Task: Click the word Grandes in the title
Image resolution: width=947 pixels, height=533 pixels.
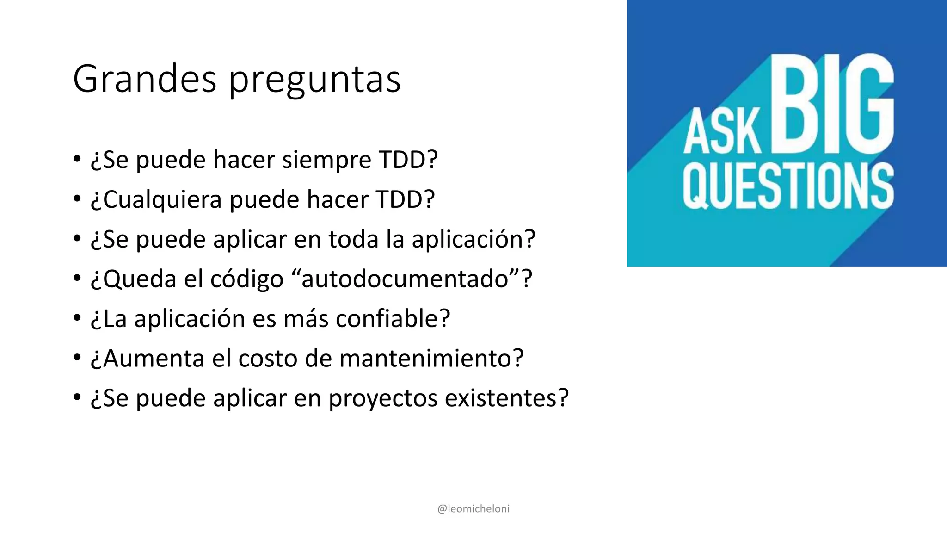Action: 144,79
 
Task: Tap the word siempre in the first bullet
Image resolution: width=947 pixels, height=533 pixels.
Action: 327,160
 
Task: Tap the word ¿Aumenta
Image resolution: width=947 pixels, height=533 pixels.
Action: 148,359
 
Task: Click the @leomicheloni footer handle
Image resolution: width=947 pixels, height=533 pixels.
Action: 473,509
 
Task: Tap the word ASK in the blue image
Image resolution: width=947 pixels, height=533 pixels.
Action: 722,132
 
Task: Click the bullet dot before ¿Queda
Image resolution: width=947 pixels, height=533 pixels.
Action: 77,279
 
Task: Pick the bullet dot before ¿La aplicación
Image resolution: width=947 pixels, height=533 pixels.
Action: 77,318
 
